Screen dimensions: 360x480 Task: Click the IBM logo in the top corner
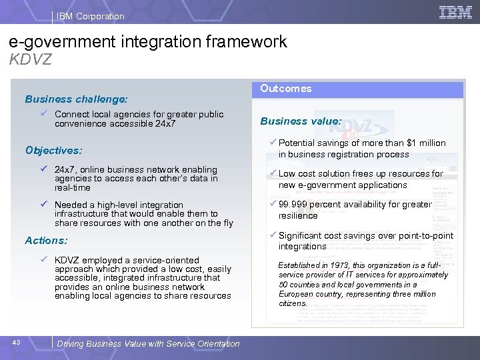456,13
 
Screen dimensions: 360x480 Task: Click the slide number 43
17,343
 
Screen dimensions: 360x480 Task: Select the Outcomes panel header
286,89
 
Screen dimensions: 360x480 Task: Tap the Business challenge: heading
76,99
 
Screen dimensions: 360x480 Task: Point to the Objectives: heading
53,151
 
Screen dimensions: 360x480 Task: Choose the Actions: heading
46,241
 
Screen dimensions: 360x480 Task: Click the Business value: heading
301,121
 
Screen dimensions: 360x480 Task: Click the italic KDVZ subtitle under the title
31,59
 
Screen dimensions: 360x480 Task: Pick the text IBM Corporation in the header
91,16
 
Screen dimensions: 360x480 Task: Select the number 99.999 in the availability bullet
294,204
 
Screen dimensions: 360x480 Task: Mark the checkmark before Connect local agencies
44,115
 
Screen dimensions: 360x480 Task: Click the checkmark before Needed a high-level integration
44,205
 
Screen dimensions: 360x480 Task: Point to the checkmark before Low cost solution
273,173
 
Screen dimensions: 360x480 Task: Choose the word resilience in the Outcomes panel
298,216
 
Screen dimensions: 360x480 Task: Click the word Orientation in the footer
217,344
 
